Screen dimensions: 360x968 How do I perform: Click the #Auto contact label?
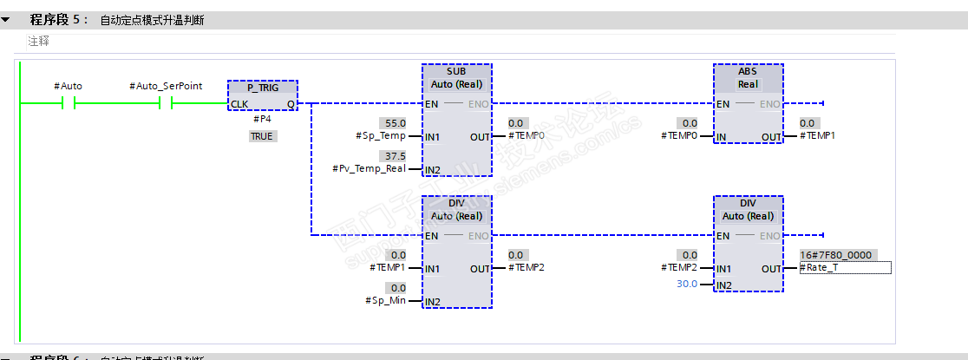click(68, 86)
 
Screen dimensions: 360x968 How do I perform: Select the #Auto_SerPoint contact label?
click(166, 86)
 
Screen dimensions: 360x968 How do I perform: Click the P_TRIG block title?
click(262, 88)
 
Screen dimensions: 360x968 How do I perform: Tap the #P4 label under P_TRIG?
click(262, 120)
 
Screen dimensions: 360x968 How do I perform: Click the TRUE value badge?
click(262, 136)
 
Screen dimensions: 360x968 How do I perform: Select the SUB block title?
click(456, 70)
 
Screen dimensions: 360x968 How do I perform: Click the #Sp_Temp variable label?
click(380, 135)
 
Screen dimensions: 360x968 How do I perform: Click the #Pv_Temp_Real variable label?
click(369, 168)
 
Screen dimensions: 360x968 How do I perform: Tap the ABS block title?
click(748, 70)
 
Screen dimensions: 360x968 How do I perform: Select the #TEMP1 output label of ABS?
click(820, 135)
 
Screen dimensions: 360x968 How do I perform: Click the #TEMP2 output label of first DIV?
click(527, 267)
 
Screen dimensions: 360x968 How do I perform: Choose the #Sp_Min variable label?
click(385, 300)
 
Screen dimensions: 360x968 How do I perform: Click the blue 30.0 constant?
click(686, 284)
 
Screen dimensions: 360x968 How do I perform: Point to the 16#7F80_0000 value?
click(835, 255)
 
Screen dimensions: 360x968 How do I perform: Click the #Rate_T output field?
click(846, 267)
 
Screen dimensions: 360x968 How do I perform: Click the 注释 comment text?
click(38, 41)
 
